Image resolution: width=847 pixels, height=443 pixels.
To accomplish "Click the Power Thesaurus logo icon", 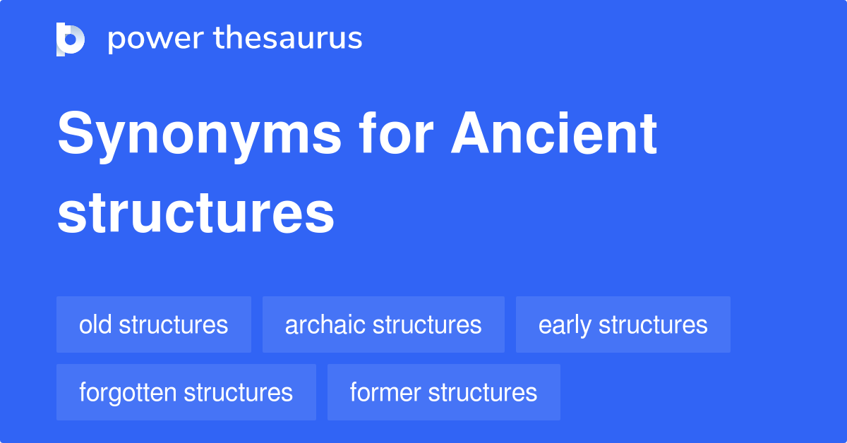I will pyautogui.click(x=71, y=39).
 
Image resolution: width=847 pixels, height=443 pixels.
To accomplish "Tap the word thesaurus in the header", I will pyautogui.click(x=288, y=39).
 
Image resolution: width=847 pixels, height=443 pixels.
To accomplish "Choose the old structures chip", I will pyautogui.click(x=154, y=324).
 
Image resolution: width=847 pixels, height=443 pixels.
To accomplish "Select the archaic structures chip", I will pyautogui.click(x=383, y=324).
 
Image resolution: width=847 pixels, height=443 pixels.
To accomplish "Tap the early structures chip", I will pyautogui.click(x=623, y=324).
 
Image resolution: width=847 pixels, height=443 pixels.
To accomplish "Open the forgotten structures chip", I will pyautogui.click(x=186, y=392).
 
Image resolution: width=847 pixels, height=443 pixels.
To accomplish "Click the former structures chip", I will pyautogui.click(x=443, y=392).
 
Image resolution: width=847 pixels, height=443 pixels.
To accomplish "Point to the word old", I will pyautogui.click(x=95, y=324).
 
